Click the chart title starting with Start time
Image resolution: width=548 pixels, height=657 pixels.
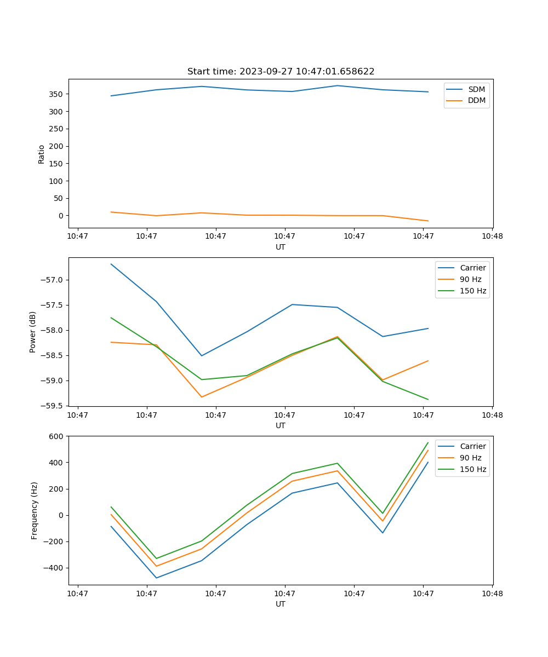coord(281,72)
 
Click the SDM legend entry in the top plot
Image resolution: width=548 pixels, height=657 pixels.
coord(476,89)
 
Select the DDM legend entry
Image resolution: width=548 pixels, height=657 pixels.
coord(476,101)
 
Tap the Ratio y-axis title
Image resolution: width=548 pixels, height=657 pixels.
coord(42,154)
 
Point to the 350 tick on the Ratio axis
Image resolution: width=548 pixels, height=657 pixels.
coord(57,94)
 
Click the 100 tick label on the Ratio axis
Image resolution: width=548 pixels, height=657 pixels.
coord(57,181)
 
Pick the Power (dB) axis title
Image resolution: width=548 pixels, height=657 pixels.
coord(33,332)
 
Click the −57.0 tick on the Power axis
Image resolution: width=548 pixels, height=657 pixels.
coord(54,280)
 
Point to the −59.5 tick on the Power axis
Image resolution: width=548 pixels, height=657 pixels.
coord(54,406)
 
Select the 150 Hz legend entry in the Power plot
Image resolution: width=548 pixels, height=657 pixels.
coord(473,291)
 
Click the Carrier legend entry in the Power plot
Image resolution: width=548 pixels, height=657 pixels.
coord(472,268)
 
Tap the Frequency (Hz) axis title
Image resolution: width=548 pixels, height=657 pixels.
coord(35,510)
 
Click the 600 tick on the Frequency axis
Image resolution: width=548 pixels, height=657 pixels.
coord(57,436)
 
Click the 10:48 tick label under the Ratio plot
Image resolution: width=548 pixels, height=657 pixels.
coord(492,237)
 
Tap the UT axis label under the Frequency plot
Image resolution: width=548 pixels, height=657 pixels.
coord(281,604)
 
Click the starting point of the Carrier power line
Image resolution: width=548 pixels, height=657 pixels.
coord(111,264)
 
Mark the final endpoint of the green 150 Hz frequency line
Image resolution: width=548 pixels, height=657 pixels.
coord(428,442)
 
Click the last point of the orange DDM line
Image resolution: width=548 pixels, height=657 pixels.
coord(428,221)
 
